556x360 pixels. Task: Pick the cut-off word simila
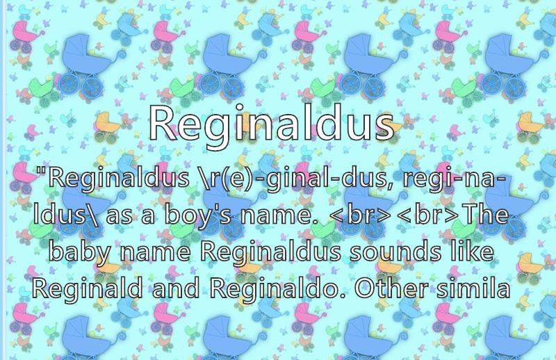[x=473, y=288]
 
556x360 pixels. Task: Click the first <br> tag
[x=360, y=214]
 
